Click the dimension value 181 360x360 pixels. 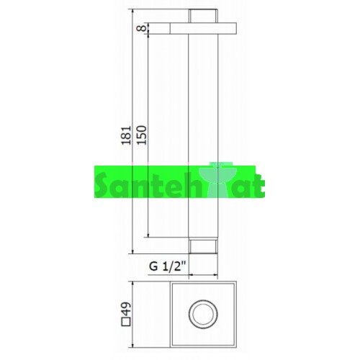tap(126, 135)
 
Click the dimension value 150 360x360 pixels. tap(142, 135)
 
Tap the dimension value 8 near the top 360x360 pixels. tap(142, 28)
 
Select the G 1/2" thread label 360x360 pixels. tap(168, 266)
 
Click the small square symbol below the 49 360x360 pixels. tap(126, 322)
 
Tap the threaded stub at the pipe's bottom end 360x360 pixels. tap(203, 246)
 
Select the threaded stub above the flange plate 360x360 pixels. tap(203, 16)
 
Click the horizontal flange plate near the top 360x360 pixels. tap(203, 28)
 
